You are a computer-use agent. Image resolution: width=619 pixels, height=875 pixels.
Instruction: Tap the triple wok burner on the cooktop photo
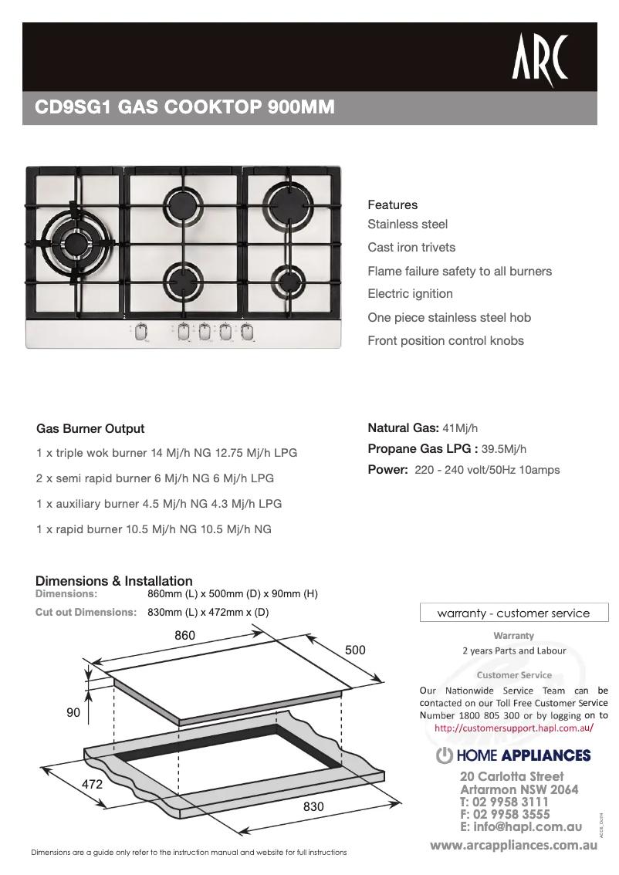click(x=76, y=242)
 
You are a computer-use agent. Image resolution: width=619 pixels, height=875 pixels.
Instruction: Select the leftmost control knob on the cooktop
click(x=140, y=332)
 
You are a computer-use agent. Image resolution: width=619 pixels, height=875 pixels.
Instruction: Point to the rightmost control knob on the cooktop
click(x=247, y=332)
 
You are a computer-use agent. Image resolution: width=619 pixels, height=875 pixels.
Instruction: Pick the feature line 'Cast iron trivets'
click(x=411, y=248)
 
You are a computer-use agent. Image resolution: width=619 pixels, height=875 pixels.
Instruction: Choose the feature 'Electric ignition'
click(x=410, y=294)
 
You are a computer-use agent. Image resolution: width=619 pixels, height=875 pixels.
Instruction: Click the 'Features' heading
click(x=392, y=205)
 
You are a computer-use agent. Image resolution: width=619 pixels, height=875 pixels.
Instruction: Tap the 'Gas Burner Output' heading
click(x=90, y=429)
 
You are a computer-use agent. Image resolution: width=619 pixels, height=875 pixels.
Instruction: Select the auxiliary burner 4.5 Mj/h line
click(x=159, y=504)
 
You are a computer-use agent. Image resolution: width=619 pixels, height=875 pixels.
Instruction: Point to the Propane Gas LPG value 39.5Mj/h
click(x=504, y=449)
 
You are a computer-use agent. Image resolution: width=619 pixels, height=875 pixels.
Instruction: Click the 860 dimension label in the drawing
click(x=184, y=635)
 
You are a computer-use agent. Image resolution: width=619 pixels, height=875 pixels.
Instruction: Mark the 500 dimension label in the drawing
click(x=355, y=650)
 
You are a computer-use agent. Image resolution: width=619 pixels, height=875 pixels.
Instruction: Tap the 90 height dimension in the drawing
click(x=73, y=714)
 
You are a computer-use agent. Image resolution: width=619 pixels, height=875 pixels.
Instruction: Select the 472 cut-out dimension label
click(x=93, y=784)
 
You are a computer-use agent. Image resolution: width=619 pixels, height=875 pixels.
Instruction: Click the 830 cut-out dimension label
click(x=313, y=806)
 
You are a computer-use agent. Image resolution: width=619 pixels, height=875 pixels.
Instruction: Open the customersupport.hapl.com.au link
click(x=513, y=728)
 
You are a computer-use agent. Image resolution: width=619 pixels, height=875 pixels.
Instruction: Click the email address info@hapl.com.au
click(x=520, y=826)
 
